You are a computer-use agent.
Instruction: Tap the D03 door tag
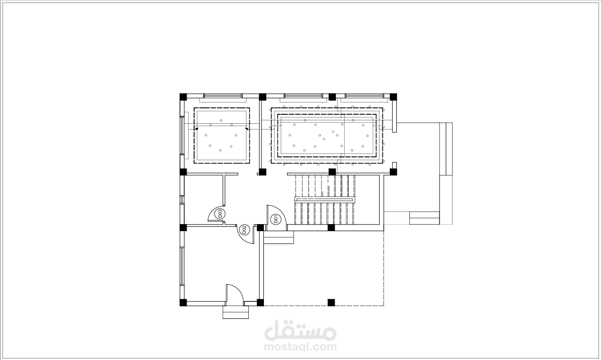(x=220, y=214)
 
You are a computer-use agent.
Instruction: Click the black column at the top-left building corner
(x=183, y=96)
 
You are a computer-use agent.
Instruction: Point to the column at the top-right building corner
(x=393, y=96)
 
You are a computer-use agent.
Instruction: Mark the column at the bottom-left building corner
(x=183, y=302)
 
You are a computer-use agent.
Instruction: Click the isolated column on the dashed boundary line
(x=331, y=302)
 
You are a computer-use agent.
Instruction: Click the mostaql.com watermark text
(x=300, y=347)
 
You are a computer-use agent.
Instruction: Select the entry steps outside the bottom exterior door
(x=236, y=312)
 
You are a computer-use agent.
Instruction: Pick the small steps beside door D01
(x=278, y=237)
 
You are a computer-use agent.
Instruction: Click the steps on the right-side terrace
(x=424, y=218)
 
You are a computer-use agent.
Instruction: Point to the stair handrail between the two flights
(x=324, y=199)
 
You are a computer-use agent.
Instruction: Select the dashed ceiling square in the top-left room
(x=222, y=136)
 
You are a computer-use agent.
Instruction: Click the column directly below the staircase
(x=331, y=228)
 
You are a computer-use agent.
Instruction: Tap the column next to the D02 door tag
(x=260, y=228)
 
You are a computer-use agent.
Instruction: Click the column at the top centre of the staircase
(x=332, y=172)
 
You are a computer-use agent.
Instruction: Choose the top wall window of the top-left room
(x=222, y=95)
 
